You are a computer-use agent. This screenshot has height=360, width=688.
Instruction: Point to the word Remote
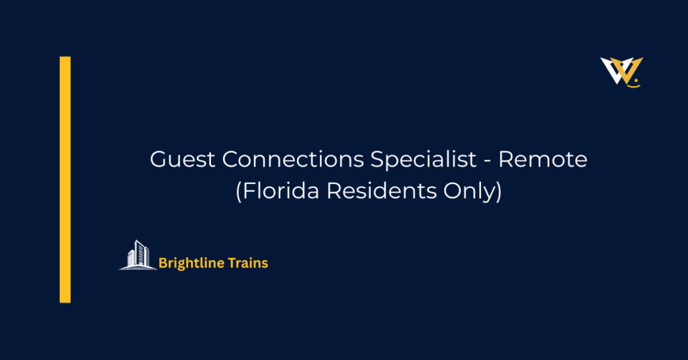[x=543, y=160]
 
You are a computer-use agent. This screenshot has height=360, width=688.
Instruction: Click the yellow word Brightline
[x=188, y=263]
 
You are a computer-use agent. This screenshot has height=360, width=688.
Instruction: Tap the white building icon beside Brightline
[x=138, y=255]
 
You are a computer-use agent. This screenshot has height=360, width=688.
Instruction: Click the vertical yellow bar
[x=65, y=179]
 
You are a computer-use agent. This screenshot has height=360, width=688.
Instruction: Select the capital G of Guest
[x=158, y=160]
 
